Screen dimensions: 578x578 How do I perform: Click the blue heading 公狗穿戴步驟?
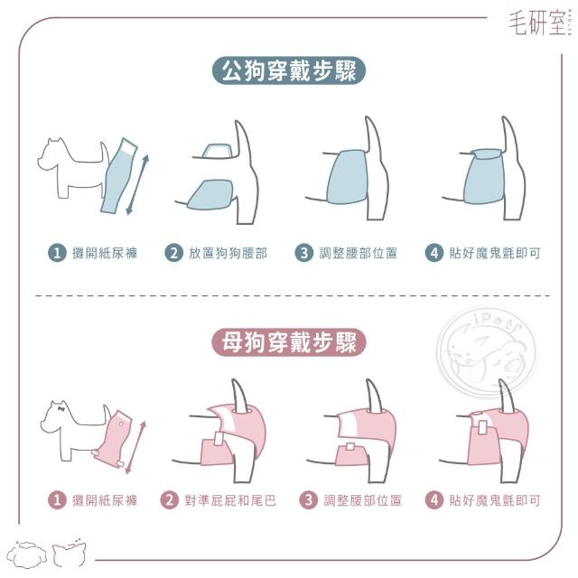[x=289, y=70]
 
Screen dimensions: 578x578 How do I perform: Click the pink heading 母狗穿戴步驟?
[x=289, y=342]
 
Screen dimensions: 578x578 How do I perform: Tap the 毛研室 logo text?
[x=538, y=23]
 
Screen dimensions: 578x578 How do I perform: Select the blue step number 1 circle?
[x=57, y=253]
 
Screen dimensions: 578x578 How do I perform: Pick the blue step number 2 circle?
[x=173, y=253]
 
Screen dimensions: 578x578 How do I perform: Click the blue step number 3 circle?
[x=304, y=253]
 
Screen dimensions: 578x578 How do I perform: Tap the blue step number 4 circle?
[x=434, y=253]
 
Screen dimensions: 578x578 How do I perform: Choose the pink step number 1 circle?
[x=57, y=500]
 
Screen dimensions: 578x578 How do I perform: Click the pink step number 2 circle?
[x=169, y=500]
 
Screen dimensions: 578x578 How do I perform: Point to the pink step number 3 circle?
[x=309, y=500]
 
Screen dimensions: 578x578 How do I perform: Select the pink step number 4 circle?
[x=434, y=500]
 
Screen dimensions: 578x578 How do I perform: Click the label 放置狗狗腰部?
[x=228, y=253]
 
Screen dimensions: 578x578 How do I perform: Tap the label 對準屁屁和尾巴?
[x=230, y=500]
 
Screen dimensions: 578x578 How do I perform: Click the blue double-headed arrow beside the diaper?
[x=137, y=185]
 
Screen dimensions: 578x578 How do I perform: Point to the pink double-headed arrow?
[x=135, y=447]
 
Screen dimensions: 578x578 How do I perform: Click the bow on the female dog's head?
[x=61, y=408]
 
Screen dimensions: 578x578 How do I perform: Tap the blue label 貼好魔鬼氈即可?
[x=495, y=253]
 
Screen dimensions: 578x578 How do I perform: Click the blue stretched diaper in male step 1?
[x=119, y=177]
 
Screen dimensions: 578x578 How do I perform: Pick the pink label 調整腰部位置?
[x=363, y=500]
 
